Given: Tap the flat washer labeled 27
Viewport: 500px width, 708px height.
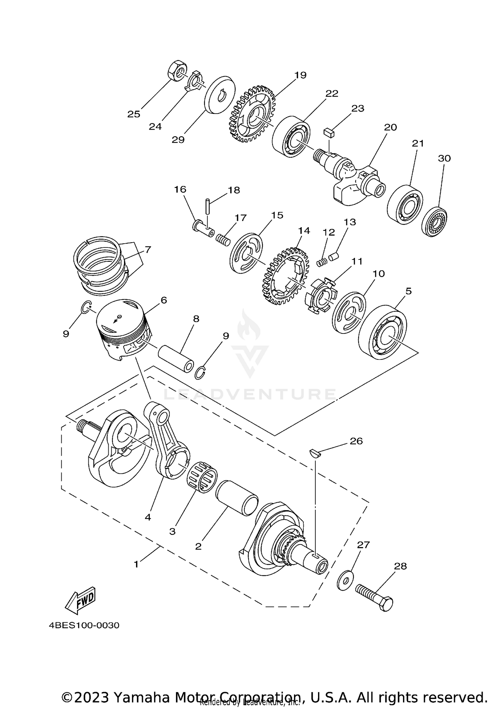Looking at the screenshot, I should [344, 581].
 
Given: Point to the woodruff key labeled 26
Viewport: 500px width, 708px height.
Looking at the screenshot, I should [315, 453].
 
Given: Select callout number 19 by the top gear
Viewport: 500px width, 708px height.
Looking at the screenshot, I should [300, 75].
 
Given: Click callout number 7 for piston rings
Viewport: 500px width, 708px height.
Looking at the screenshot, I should [148, 249].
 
